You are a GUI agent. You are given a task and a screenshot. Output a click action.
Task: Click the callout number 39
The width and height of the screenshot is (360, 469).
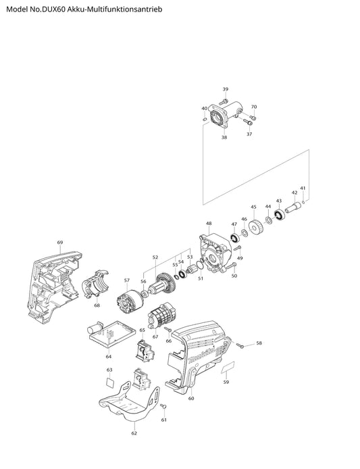[x=226, y=89]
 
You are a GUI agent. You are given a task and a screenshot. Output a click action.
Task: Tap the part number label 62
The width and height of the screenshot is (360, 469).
[x=134, y=433]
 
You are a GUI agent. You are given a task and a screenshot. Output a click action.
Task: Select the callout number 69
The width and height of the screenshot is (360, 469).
[x=60, y=243]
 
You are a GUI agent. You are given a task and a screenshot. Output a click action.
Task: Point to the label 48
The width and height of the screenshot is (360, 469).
[x=209, y=224]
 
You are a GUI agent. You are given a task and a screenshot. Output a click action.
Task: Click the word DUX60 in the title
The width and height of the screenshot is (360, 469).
[x=55, y=9]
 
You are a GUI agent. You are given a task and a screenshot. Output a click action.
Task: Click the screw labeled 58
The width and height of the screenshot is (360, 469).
[x=240, y=345]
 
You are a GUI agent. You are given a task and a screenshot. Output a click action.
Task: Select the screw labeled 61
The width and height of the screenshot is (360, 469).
[x=163, y=406]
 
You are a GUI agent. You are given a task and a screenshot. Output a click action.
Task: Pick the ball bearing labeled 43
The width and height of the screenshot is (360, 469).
[x=280, y=215]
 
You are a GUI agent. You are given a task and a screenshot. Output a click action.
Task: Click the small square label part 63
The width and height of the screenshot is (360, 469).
[x=110, y=382]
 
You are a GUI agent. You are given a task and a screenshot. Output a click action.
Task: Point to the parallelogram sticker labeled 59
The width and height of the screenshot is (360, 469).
[x=228, y=367]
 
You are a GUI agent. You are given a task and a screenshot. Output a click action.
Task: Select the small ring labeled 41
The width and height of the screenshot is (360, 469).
[x=303, y=203]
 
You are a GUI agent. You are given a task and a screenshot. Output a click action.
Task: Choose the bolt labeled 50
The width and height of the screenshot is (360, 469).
[x=231, y=266]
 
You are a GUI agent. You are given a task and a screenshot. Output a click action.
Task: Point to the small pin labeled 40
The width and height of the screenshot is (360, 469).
[x=205, y=119]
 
